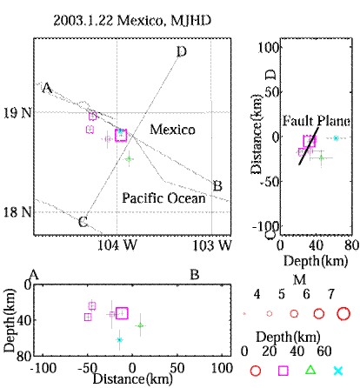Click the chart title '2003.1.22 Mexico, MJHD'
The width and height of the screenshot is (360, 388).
click(x=132, y=21)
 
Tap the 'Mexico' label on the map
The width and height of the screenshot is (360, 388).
click(x=172, y=130)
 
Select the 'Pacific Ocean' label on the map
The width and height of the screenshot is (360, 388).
click(x=163, y=198)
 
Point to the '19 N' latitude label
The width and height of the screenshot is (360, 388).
click(x=17, y=112)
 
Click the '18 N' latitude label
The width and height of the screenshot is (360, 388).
click(x=17, y=212)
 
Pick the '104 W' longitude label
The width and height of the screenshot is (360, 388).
click(x=117, y=245)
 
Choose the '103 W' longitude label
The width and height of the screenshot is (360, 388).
click(x=212, y=245)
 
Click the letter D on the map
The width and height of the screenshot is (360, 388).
click(x=182, y=51)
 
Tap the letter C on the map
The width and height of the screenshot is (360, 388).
click(x=83, y=223)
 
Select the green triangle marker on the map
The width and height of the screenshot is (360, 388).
click(x=129, y=159)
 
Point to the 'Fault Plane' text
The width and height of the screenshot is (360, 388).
click(x=317, y=121)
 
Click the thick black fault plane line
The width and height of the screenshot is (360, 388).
click(x=309, y=146)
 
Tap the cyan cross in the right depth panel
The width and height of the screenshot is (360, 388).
click(x=336, y=138)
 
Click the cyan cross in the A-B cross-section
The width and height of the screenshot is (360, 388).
click(x=119, y=340)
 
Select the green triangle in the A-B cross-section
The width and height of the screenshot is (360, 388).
click(x=141, y=325)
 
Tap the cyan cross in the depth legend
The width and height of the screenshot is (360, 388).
click(x=338, y=371)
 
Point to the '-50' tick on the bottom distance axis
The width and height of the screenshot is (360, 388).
click(x=88, y=368)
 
